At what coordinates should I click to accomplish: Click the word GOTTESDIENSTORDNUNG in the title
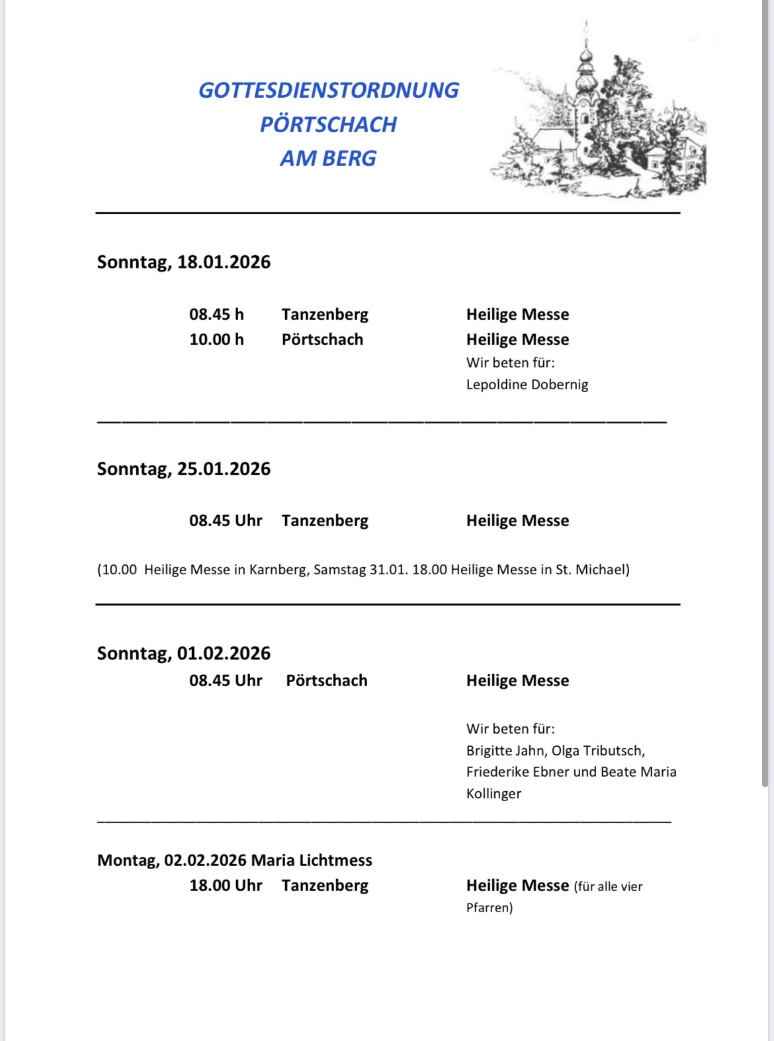328,91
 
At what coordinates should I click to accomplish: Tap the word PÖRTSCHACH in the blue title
328,124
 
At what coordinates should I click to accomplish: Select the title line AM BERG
328,159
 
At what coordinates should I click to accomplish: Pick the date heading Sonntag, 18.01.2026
184,262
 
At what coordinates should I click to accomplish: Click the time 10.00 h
216,340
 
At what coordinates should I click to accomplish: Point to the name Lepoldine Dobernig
527,385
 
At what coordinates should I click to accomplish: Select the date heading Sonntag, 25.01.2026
184,469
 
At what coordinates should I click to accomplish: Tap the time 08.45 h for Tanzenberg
216,315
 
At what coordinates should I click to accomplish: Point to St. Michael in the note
590,570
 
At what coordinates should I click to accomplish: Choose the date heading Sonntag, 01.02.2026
184,654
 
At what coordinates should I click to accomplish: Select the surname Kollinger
494,794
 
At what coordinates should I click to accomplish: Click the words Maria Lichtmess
312,861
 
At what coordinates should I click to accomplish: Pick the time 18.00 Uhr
226,886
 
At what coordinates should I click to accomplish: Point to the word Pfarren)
490,908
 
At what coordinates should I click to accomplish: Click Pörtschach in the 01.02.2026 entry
326,681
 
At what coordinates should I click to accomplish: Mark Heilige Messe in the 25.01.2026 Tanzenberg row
517,521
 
